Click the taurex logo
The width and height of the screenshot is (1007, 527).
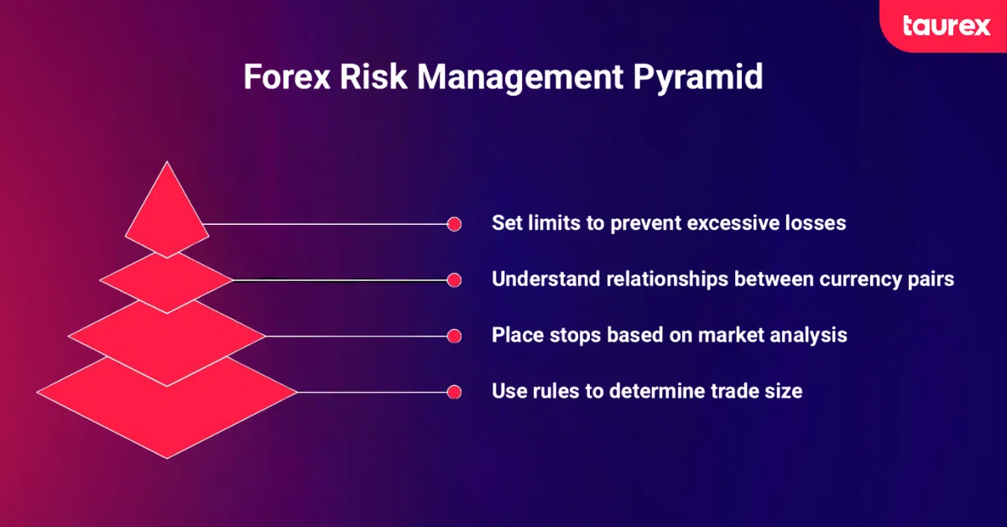(946, 25)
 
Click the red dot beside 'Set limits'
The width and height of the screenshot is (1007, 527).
(454, 224)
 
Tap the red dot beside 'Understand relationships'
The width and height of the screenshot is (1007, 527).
(454, 279)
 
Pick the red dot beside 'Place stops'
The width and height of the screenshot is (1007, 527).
(454, 336)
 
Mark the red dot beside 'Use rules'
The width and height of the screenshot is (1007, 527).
(454, 392)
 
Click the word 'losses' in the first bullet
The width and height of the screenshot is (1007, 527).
(816, 224)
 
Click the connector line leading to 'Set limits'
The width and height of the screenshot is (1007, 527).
(327, 224)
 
